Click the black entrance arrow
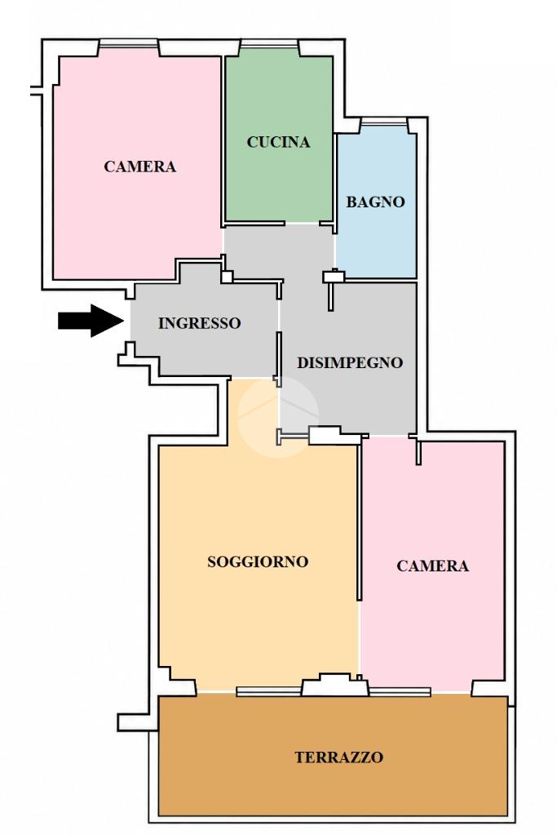tap(91, 321)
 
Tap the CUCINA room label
tap(278, 142)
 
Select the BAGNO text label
tap(376, 202)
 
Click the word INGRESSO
tap(200, 322)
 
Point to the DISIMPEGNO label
tap(350, 362)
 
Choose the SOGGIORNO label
tap(258, 562)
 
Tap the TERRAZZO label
tap(339, 757)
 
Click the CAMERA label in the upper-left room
tap(140, 167)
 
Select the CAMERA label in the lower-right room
tap(432, 566)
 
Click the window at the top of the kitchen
tap(268, 43)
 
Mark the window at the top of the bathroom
tap(384, 122)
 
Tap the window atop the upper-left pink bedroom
tap(129, 43)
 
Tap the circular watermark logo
tap(278, 416)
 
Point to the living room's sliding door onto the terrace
tap(269, 691)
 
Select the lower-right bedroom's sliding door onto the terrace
tap(400, 691)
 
